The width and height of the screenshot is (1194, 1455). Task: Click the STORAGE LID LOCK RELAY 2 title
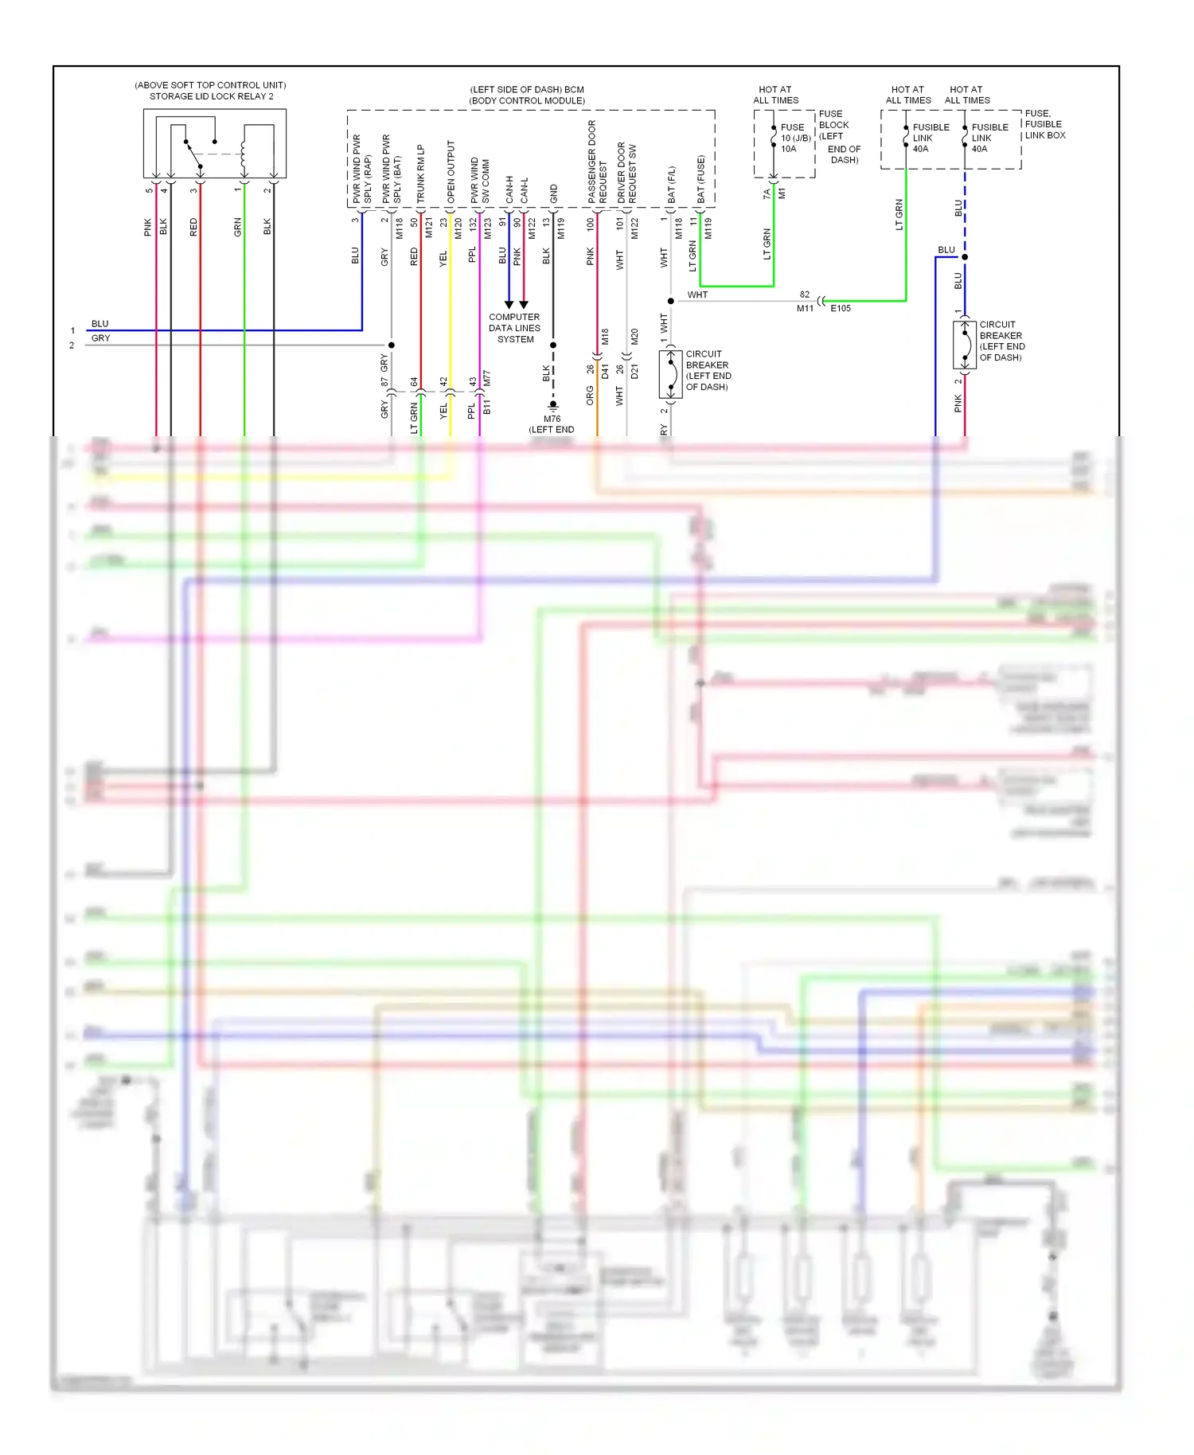click(211, 96)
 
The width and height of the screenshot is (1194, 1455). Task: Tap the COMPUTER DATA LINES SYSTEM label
click(514, 328)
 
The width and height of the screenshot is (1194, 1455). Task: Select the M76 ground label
click(552, 419)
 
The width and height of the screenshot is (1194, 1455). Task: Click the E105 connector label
click(841, 309)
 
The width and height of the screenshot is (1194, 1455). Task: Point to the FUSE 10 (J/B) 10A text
click(795, 138)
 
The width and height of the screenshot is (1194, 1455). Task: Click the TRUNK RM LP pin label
click(421, 173)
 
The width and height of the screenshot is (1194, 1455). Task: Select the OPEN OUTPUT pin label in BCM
click(451, 171)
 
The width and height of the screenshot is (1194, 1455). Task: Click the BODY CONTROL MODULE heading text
click(527, 101)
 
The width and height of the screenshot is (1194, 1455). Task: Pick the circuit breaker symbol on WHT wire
click(671, 374)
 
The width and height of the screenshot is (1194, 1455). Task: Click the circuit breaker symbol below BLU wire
click(965, 345)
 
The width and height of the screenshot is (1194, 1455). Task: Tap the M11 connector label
click(805, 309)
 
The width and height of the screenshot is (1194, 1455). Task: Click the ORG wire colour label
click(590, 396)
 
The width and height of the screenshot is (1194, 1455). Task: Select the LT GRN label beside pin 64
click(414, 418)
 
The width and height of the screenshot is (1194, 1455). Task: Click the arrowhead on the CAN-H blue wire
click(509, 305)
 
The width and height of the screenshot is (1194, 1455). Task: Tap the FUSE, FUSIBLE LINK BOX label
click(1044, 124)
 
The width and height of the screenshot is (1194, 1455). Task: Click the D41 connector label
click(605, 371)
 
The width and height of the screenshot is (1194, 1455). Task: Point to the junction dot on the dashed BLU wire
click(965, 257)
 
